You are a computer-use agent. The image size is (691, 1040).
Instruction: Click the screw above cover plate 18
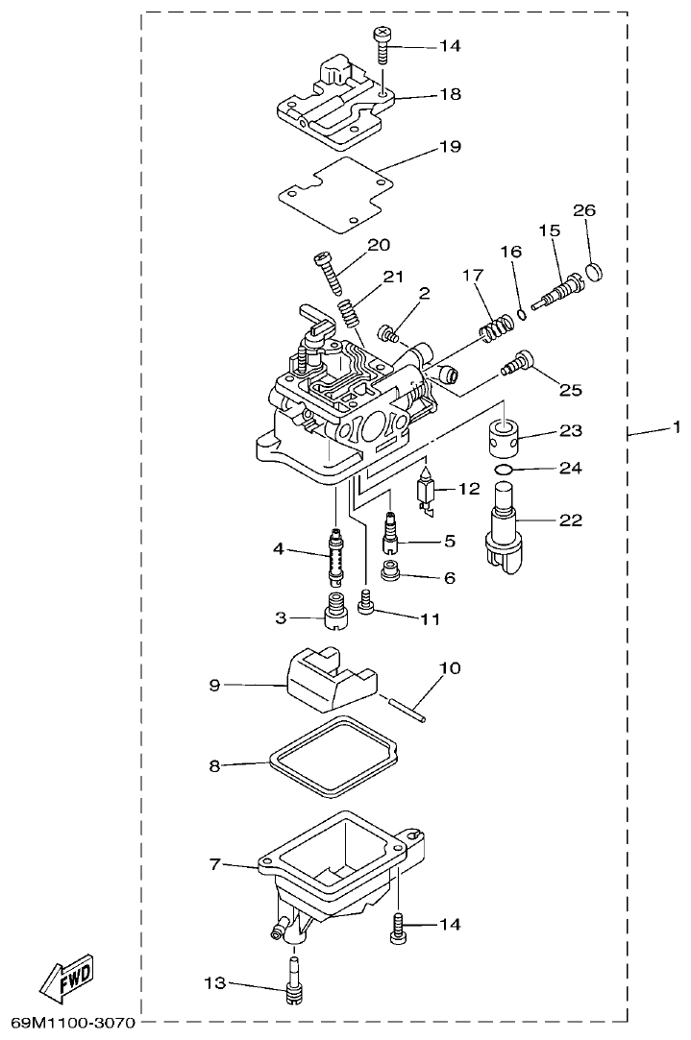(x=382, y=42)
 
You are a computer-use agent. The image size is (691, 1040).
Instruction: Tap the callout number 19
(x=451, y=147)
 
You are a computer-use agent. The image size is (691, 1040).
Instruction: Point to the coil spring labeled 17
(x=496, y=331)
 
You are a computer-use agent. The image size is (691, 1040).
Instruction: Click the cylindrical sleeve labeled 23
(x=508, y=437)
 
